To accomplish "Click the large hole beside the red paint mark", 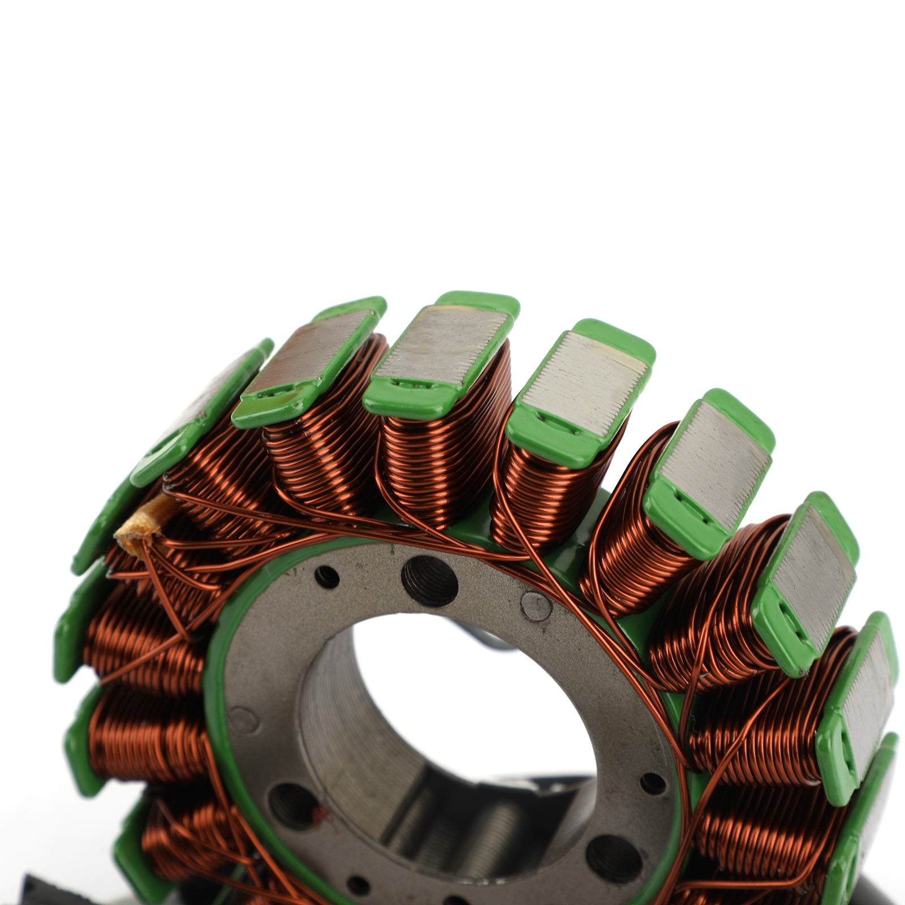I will point(292,804).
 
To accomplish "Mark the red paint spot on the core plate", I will point(320,815).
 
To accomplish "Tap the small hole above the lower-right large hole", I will point(652,783).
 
